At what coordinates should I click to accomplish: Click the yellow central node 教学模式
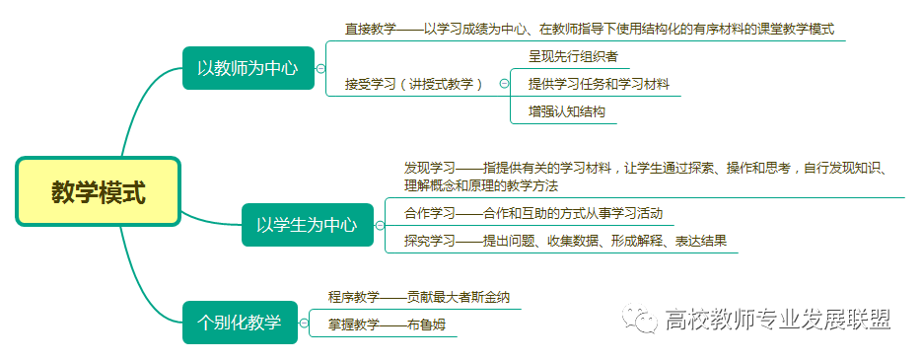tap(98, 191)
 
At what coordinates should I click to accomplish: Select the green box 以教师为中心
tap(248, 68)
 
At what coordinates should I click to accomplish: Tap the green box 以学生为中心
tap(308, 224)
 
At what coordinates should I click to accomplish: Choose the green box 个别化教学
tap(240, 323)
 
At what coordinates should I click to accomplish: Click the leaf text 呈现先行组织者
tap(573, 56)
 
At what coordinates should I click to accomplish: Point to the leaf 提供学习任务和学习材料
tap(599, 84)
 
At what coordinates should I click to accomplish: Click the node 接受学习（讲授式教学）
tap(414, 84)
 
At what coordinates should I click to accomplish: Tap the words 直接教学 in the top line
tap(371, 29)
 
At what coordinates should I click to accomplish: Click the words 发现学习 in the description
tap(430, 168)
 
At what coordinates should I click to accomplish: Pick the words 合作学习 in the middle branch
tap(430, 213)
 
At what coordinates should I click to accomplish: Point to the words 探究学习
tap(430, 241)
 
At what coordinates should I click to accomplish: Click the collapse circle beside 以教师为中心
tap(320, 69)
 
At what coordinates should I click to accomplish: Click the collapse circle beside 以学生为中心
tap(380, 225)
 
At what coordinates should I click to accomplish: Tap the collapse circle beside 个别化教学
tap(304, 323)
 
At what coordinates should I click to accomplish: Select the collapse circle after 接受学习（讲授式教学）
tap(504, 84)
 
